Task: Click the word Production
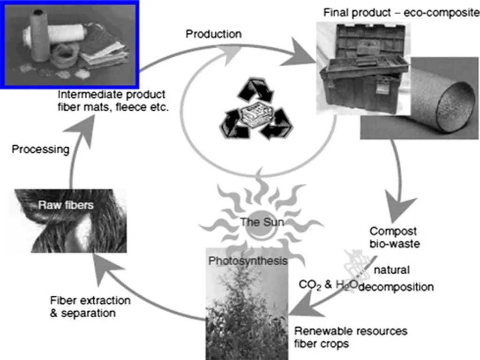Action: (213, 34)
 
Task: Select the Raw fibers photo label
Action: (66, 205)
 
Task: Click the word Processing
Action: (40, 150)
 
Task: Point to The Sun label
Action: (262, 222)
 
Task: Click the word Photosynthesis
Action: (248, 261)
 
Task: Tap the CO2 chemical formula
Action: (309, 285)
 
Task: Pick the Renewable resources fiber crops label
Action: (351, 337)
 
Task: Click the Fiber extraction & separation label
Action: (90, 306)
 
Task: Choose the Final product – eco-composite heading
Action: (401, 13)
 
